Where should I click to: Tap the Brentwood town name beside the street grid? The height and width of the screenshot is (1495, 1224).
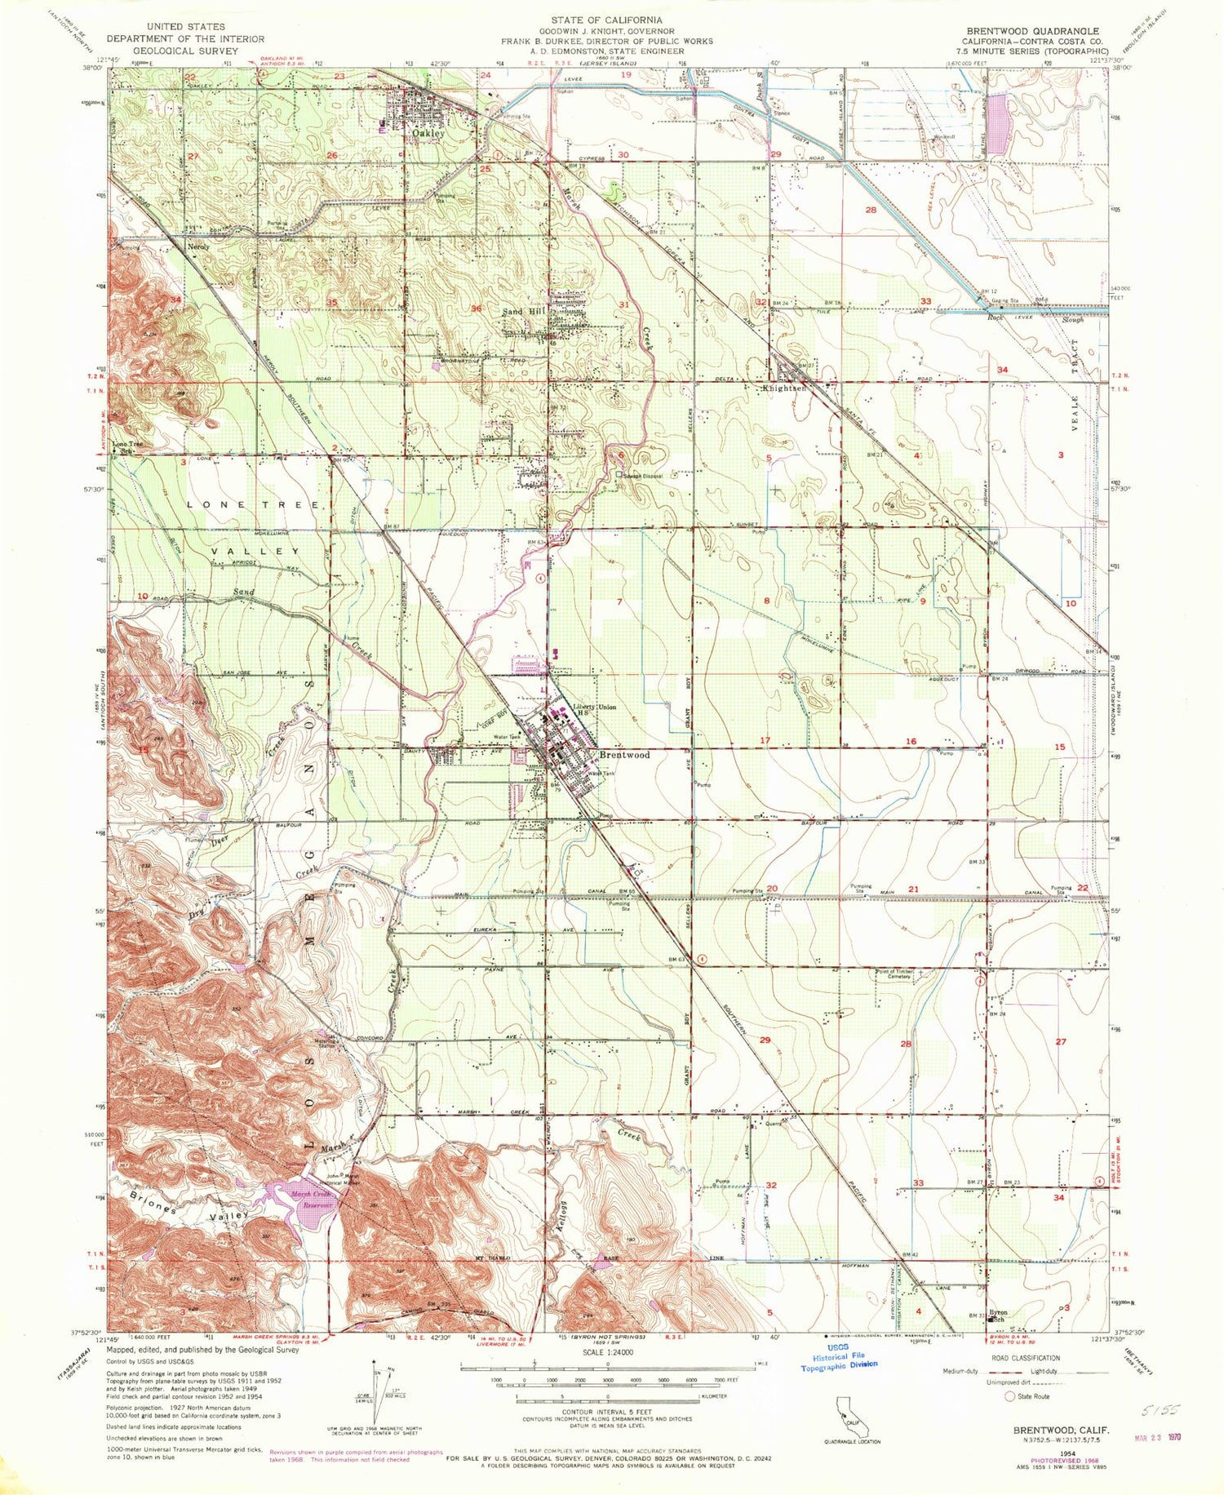[x=624, y=755]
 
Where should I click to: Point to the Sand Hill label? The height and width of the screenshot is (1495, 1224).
[x=523, y=312]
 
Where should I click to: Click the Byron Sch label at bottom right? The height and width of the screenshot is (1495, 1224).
[x=997, y=1315]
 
